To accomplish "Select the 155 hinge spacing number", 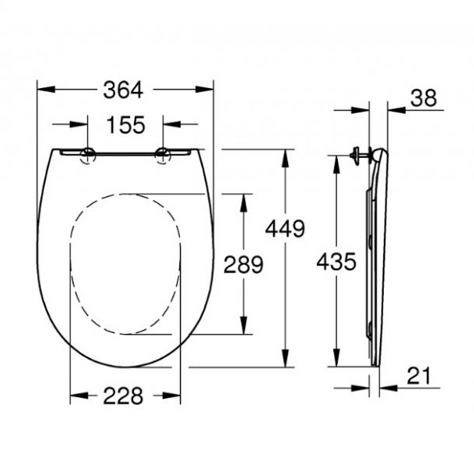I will (x=125, y=124).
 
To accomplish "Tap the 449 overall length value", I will (x=284, y=229).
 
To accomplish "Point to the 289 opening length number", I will (x=244, y=264).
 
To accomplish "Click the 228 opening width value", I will (x=125, y=395).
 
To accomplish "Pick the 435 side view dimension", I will (x=336, y=262).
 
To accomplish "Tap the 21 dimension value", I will (x=419, y=376).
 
